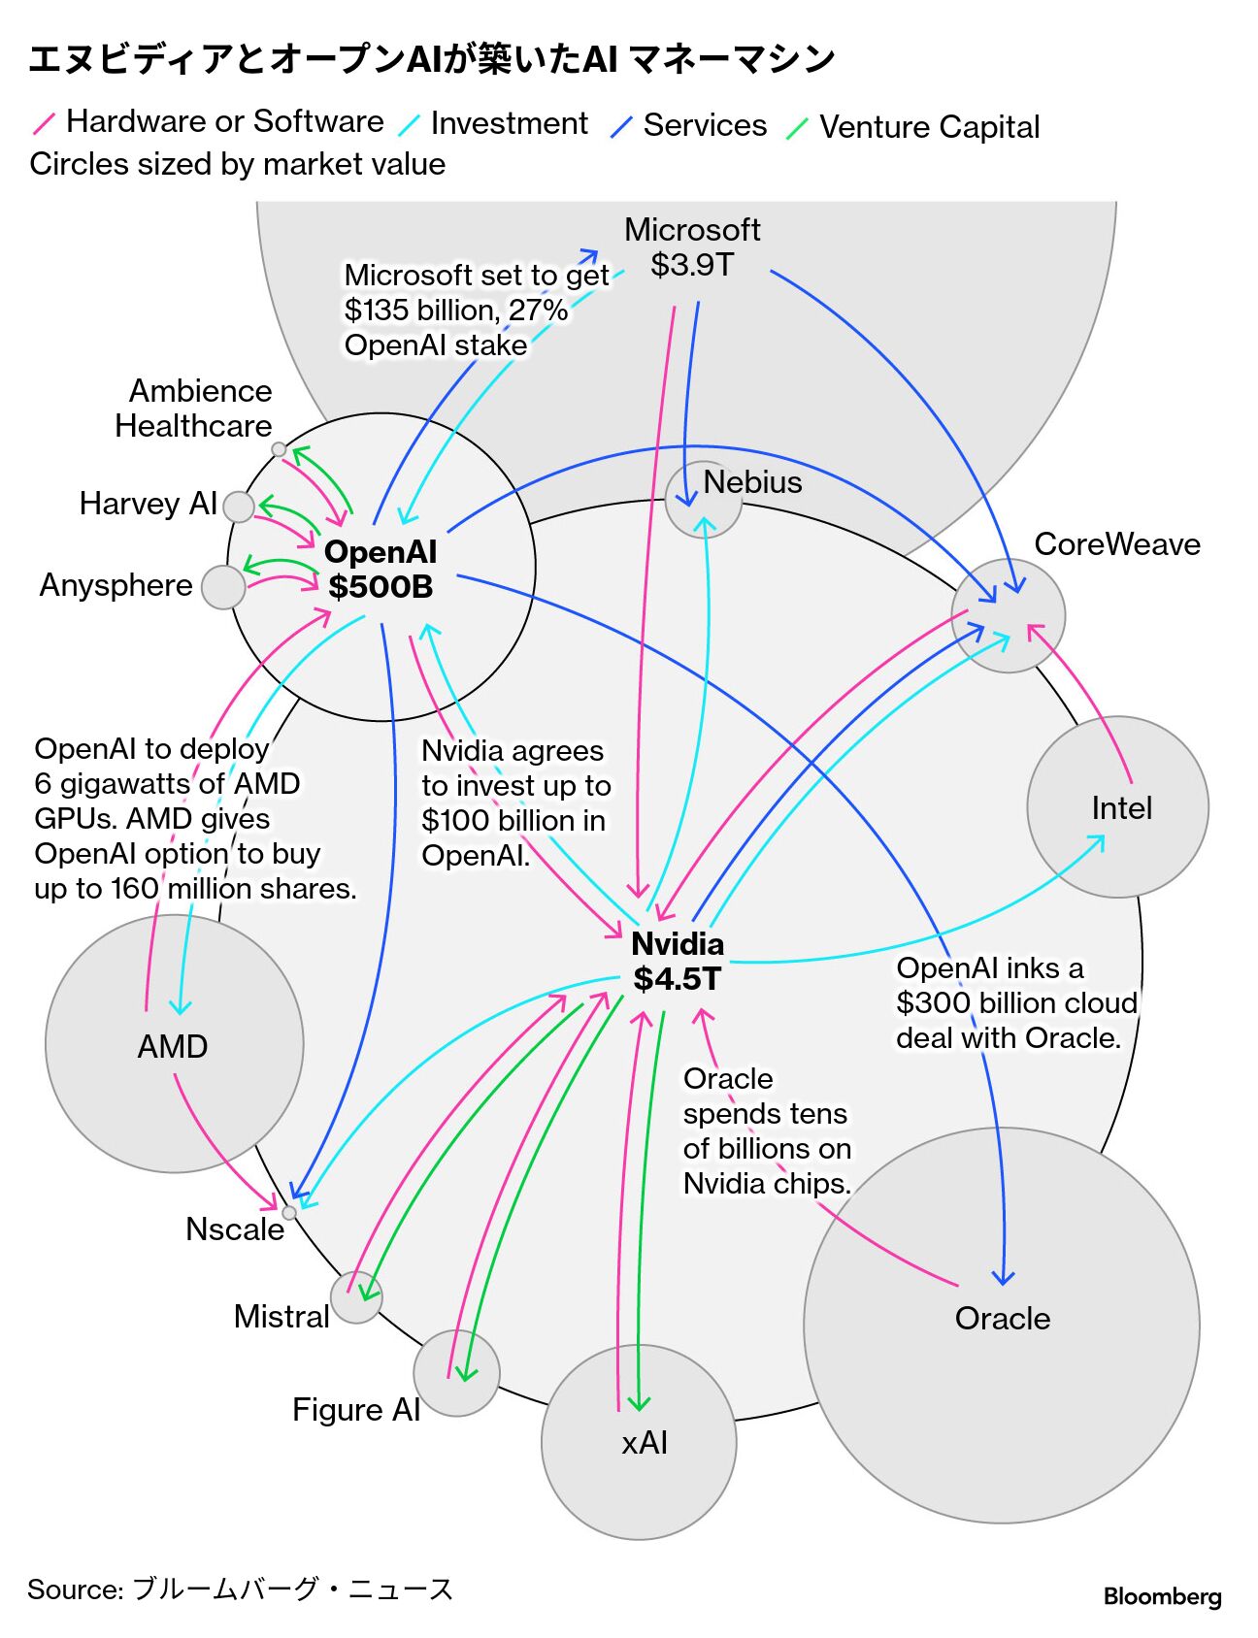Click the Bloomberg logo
[1162, 1596]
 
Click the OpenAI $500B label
[381, 570]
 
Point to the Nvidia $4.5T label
[678, 962]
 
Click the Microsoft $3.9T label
[692, 246]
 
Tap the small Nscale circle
[289, 1212]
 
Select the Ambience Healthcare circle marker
[279, 449]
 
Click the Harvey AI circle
[238, 506]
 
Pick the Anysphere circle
[223, 587]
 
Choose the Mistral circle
[356, 1297]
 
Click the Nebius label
[752, 482]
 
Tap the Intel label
[1121, 808]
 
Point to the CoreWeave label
[1117, 544]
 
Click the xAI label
[645, 1443]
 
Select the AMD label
[173, 1047]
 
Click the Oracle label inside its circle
[1003, 1319]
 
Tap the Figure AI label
[356, 1410]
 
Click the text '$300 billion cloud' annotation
[1015, 1003]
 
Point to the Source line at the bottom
[241, 1589]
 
